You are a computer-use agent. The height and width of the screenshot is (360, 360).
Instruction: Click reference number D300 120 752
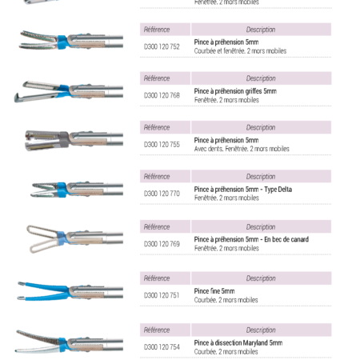(162, 46)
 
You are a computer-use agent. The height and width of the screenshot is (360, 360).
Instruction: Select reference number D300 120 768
(162, 95)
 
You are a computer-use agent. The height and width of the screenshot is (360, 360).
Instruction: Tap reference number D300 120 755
(162, 145)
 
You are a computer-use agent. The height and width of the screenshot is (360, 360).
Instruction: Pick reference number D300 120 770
(162, 194)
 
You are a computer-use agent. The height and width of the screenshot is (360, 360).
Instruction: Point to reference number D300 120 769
(162, 244)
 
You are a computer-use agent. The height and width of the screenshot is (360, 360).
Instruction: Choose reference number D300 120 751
(162, 295)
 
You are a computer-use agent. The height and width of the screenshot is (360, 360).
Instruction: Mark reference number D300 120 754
(162, 347)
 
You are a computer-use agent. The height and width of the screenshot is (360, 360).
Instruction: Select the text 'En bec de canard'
(286, 239)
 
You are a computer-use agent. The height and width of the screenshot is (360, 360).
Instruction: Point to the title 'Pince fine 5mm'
(214, 291)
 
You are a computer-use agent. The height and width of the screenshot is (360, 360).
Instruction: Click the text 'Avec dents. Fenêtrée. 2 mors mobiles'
(242, 149)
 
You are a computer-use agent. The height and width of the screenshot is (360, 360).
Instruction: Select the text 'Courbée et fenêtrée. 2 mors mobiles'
(240, 51)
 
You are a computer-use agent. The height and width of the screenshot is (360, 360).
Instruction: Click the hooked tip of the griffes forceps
(17, 98)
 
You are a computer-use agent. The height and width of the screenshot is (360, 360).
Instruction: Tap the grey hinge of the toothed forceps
(64, 139)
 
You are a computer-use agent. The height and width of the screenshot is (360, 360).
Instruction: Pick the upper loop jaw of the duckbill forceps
(40, 229)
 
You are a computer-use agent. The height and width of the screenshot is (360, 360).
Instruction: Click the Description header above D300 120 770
(261, 177)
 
